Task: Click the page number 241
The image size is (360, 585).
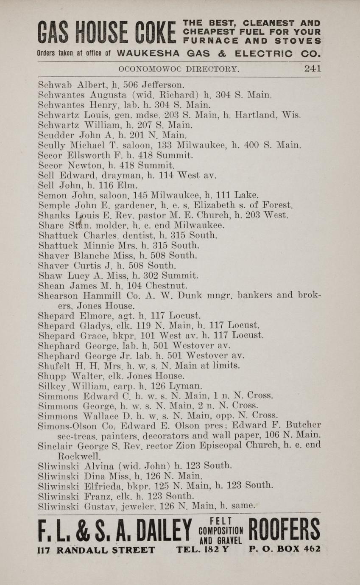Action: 312,68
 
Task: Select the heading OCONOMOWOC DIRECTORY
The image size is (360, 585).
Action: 179,69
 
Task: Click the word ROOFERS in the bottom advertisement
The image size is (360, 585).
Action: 284,531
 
